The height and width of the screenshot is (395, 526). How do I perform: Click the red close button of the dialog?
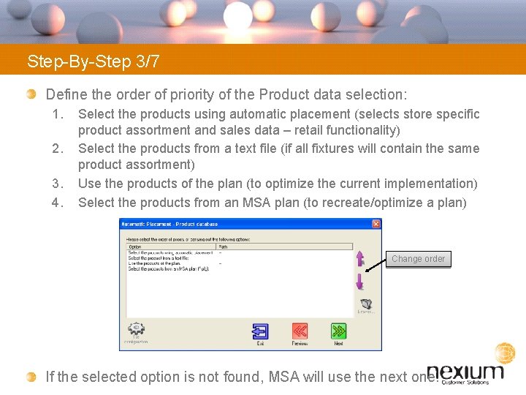376,224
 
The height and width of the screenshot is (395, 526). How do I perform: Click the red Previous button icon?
300,331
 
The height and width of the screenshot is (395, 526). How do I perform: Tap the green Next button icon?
338,331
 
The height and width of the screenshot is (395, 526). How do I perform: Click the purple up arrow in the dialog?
359,259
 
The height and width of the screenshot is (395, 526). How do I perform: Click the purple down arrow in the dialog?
359,282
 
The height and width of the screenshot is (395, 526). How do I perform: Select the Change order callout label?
418,259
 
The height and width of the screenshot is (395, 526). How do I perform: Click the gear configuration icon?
136,330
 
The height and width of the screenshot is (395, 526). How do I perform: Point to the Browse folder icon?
366,304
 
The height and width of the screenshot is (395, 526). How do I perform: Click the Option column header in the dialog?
135,247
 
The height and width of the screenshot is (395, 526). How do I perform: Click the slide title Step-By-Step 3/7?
94,61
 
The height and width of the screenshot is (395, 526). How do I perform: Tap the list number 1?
58,114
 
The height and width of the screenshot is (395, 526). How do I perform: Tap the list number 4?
58,202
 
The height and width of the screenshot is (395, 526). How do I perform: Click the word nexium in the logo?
465,371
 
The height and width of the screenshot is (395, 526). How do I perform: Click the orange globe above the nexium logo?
505,353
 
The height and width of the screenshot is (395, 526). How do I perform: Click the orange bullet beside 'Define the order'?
31,94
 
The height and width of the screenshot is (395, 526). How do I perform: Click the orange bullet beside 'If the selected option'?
31,377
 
